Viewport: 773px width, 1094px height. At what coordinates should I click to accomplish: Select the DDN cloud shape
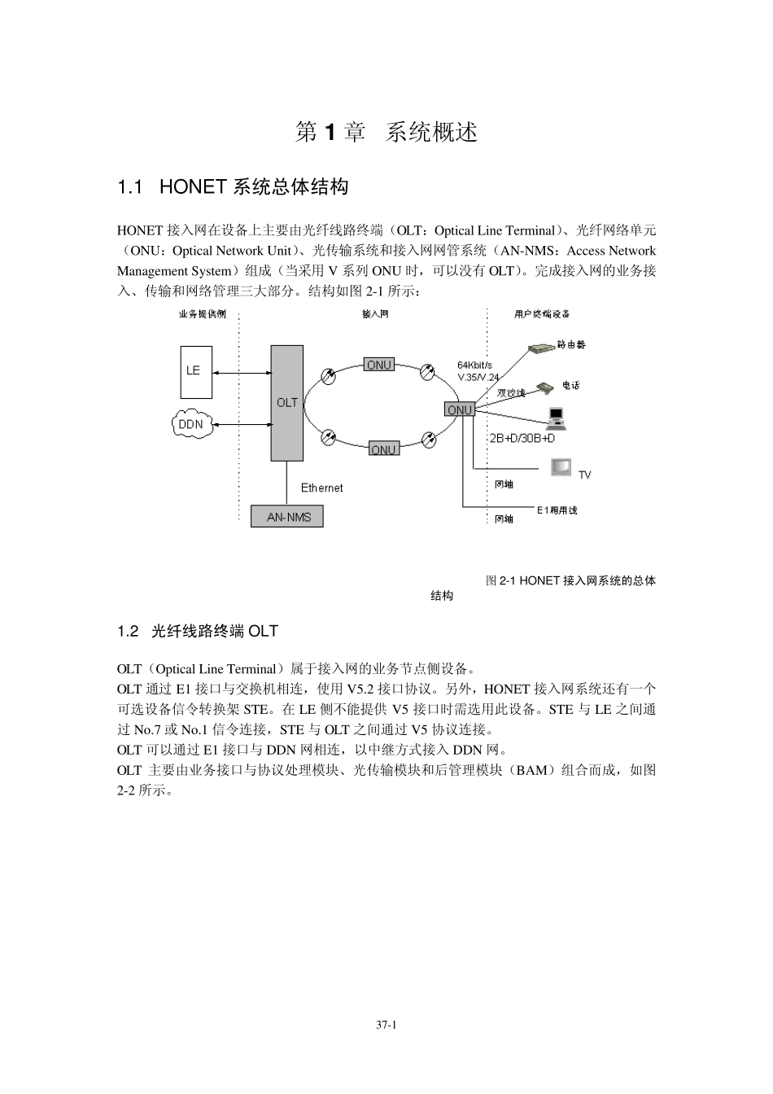coord(191,424)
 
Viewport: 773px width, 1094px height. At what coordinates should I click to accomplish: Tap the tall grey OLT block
coord(286,402)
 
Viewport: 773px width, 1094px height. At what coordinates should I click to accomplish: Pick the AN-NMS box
coord(288,517)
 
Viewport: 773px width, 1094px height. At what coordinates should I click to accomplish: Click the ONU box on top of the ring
coord(378,365)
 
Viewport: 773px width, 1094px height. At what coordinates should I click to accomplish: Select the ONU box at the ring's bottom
coord(383,449)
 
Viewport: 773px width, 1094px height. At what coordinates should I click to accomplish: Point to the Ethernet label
coord(321,488)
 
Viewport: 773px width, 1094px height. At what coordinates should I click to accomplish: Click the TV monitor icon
coord(561,467)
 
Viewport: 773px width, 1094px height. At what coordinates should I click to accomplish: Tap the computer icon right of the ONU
coord(557,418)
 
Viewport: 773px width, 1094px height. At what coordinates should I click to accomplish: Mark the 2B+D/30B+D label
coord(522,439)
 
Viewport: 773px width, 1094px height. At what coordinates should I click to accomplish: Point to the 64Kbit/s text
coord(474,365)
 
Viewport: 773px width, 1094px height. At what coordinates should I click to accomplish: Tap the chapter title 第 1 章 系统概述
coord(386,132)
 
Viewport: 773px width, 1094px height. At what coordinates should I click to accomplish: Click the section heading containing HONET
coord(233,187)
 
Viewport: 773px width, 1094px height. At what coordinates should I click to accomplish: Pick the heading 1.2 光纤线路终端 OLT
coord(198,631)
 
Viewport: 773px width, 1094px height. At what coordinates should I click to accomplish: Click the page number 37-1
coord(386,1026)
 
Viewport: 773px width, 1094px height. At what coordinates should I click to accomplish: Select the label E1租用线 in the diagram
coord(557,510)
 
